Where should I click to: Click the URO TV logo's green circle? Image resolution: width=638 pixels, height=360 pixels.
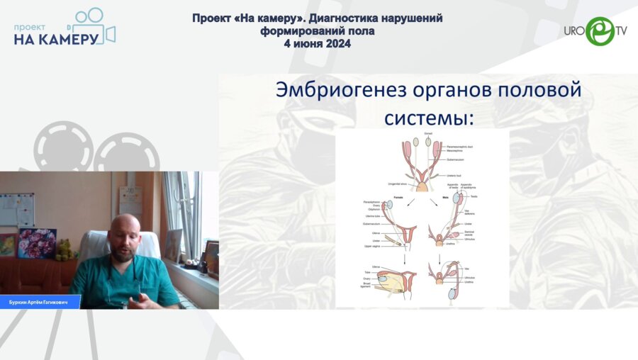(600, 31)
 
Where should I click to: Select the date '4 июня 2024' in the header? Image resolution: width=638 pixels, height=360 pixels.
(318, 44)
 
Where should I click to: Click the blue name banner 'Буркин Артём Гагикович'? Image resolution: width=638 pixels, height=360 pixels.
(39, 301)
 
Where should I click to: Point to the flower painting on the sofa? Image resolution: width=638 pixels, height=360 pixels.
(37, 243)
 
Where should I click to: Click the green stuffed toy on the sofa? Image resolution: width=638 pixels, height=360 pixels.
(65, 249)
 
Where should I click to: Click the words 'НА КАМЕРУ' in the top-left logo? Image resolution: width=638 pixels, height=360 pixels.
(55, 38)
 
